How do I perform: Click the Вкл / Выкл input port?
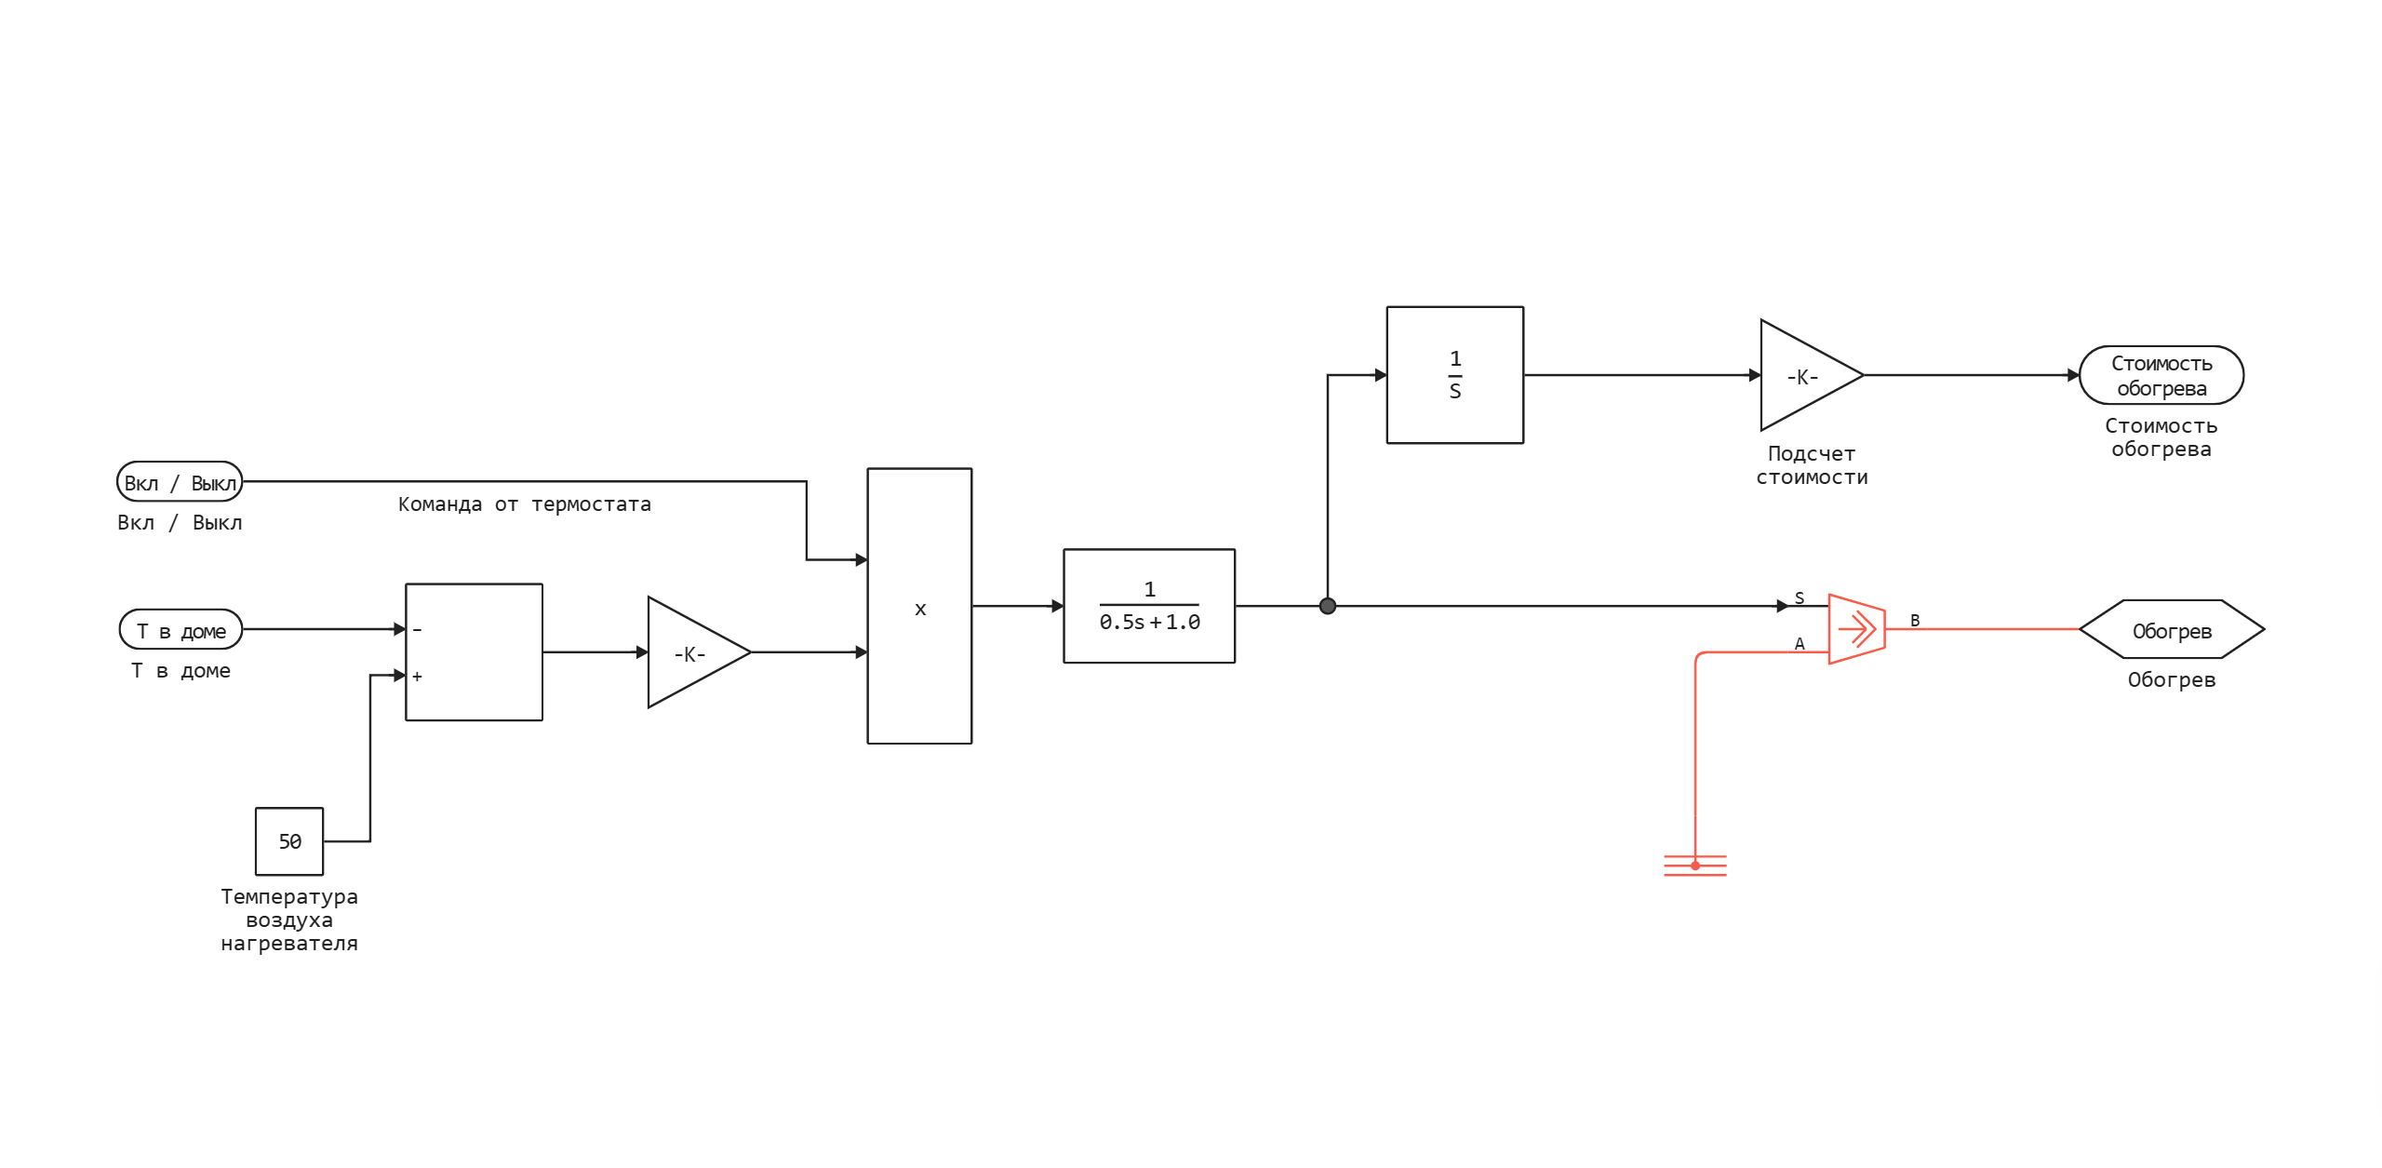coord(180,482)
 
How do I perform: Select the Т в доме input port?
coord(181,630)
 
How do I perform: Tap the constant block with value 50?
coord(289,841)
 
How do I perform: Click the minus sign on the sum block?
coord(418,630)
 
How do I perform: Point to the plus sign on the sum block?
coord(418,677)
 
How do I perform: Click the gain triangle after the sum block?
coord(692,653)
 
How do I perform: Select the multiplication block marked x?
coord(919,607)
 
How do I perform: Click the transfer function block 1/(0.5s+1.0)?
coord(1149,606)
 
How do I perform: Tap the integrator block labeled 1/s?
coord(1455,375)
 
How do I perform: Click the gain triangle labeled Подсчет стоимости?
coord(1803,376)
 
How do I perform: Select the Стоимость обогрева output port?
coord(2161,376)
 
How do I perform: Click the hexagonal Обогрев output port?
coord(2172,631)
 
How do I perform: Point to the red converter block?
coord(1856,630)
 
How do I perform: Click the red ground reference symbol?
coord(1695,866)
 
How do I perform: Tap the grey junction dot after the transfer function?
coord(1328,606)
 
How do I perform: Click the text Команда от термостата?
coord(525,504)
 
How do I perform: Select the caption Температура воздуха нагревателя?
coord(289,920)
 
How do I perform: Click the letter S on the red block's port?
coord(1800,598)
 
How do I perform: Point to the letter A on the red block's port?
coord(1800,644)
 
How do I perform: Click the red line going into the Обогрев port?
coord(1982,629)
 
